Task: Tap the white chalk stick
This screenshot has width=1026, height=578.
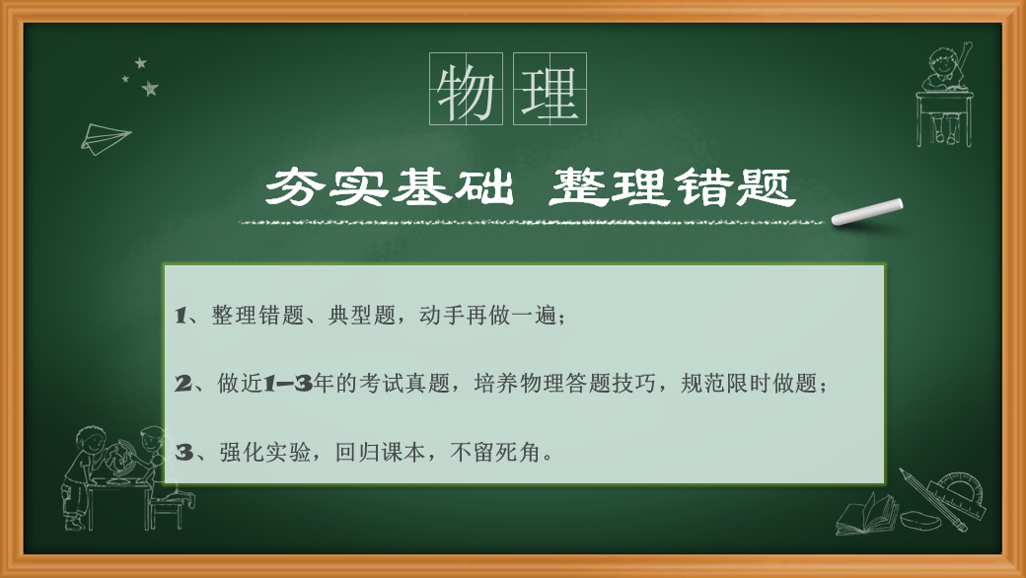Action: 867,212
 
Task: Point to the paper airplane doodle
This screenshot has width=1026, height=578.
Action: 105,138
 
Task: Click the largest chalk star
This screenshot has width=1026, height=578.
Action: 151,88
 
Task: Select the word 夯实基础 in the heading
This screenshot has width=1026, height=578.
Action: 390,187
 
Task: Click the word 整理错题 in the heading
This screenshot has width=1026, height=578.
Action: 672,187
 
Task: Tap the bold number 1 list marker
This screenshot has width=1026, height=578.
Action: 181,316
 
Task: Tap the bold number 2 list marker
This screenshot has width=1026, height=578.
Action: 183,383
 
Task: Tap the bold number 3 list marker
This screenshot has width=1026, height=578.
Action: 183,452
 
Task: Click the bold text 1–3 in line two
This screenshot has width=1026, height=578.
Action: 287,383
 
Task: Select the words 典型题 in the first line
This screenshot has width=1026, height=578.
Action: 362,316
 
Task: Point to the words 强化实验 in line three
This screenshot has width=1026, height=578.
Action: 265,452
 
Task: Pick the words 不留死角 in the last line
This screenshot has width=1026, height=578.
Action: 495,452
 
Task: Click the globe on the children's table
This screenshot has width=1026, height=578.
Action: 121,458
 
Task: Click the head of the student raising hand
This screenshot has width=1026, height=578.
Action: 942,63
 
